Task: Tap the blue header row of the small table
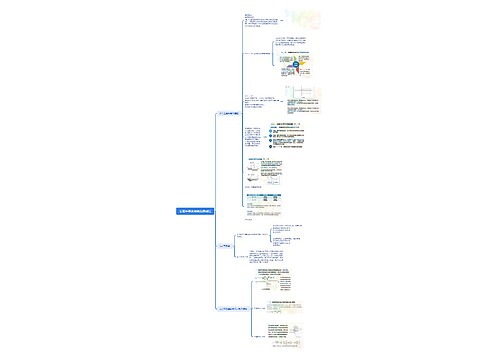click(x=265, y=195)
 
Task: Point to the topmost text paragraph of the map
click(x=251, y=18)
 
